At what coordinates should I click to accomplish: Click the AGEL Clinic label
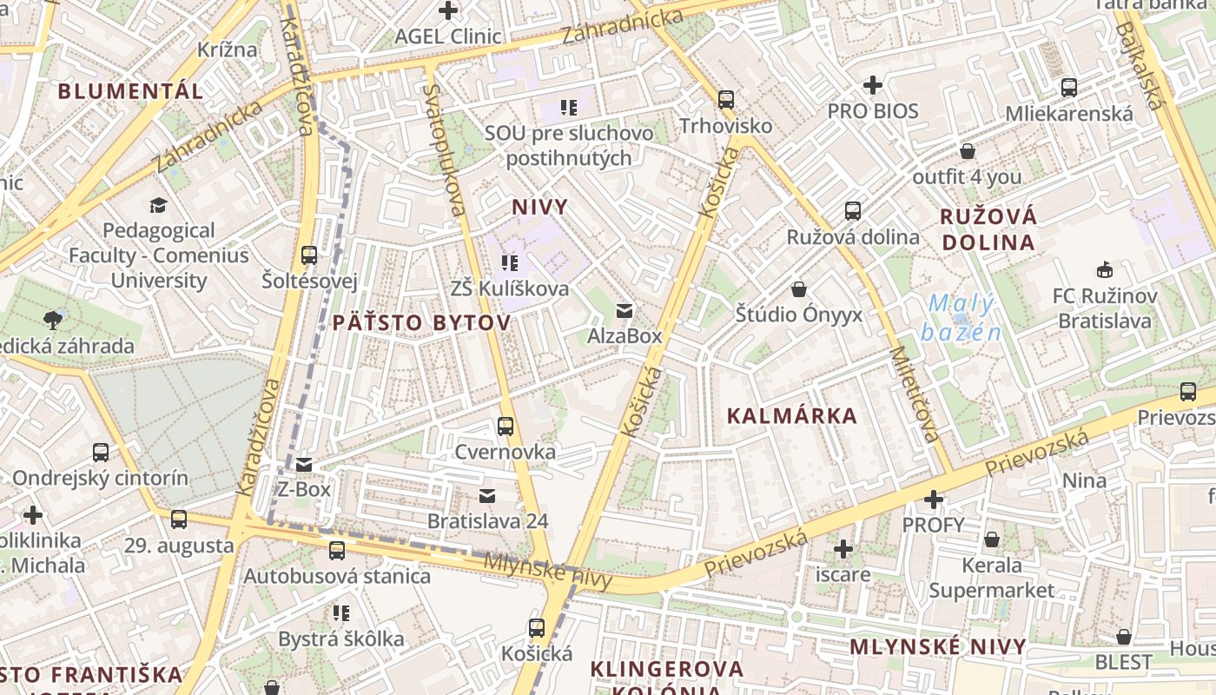(447, 36)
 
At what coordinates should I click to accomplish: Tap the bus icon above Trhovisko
(726, 100)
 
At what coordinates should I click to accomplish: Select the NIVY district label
(539, 207)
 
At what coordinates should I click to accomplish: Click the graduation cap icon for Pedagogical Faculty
(158, 205)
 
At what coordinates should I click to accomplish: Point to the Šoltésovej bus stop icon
(309, 255)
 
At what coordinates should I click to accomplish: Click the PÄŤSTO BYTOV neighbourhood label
(421, 323)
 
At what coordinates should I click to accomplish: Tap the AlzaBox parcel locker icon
(624, 310)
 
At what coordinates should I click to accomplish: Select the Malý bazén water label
(962, 318)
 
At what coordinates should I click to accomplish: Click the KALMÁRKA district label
(791, 416)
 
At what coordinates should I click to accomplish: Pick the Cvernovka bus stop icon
(506, 427)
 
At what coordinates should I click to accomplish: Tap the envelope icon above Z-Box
(304, 465)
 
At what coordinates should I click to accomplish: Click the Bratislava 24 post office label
(487, 521)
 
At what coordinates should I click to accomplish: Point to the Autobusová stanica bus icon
(337, 550)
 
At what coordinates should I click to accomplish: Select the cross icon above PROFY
(934, 500)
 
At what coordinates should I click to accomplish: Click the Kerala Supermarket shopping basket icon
(992, 540)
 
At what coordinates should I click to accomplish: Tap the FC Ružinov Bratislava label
(1105, 308)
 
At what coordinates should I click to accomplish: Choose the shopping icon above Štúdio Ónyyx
(799, 289)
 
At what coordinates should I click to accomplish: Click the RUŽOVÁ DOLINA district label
(989, 229)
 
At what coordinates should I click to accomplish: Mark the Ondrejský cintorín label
(100, 478)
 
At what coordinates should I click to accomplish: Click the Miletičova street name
(915, 395)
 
